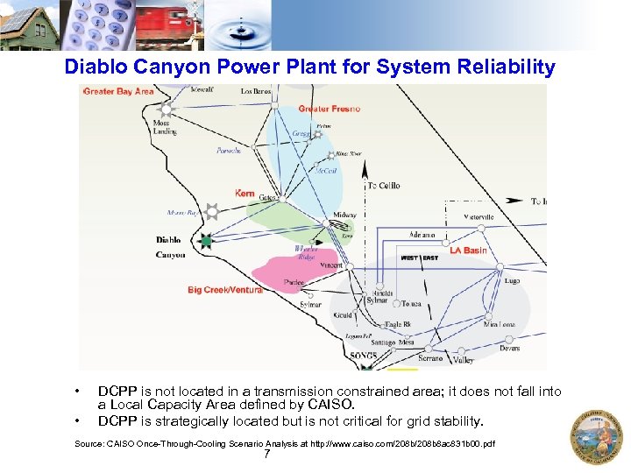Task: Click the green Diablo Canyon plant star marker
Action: [206, 241]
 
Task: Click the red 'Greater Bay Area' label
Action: [117, 91]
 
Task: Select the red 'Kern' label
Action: [245, 193]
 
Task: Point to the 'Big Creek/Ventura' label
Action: [224, 290]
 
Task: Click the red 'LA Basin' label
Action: [468, 251]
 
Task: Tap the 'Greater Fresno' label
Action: [330, 109]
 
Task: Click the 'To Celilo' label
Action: [383, 186]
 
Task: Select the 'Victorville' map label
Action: [479, 216]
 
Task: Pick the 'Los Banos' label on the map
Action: [257, 91]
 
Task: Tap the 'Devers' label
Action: [509, 348]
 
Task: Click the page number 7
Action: [266, 454]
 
